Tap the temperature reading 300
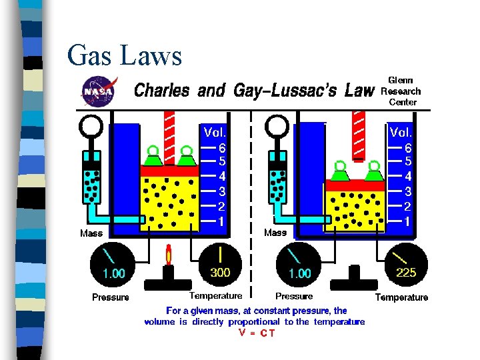click(221, 273)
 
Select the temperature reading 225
click(406, 273)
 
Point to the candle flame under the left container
click(169, 255)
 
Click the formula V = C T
click(256, 333)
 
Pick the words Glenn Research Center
click(401, 91)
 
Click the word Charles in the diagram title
click(162, 91)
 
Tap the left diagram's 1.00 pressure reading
click(113, 273)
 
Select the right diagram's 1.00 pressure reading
click(299, 273)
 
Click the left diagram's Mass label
click(91, 233)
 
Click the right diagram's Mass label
click(275, 233)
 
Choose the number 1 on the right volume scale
click(408, 220)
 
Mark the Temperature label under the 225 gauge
click(401, 297)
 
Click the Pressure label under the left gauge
click(111, 297)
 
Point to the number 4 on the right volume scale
click(408, 177)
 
